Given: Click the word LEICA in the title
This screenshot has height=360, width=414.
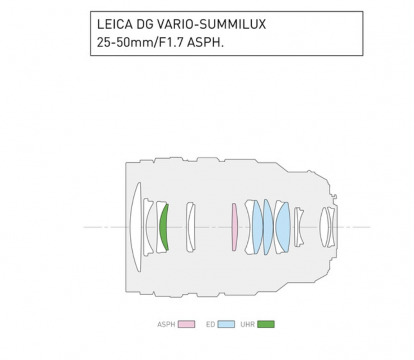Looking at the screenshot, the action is click(115, 25).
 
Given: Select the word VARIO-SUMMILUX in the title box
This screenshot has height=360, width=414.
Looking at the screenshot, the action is click(211, 25).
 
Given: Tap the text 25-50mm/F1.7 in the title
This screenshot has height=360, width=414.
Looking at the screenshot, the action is click(140, 42).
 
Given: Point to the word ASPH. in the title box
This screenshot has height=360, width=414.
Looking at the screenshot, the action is click(205, 42).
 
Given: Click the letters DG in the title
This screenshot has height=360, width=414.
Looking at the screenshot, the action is click(145, 25).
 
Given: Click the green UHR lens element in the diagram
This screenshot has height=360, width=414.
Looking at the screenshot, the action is click(164, 227).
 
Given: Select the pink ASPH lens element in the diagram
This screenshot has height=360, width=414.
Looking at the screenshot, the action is click(234, 227).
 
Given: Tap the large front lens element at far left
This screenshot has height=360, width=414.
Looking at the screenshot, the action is click(136, 227).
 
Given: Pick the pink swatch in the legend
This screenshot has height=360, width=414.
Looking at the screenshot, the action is click(186, 324).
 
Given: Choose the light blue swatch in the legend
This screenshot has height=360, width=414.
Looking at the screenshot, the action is click(226, 324).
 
